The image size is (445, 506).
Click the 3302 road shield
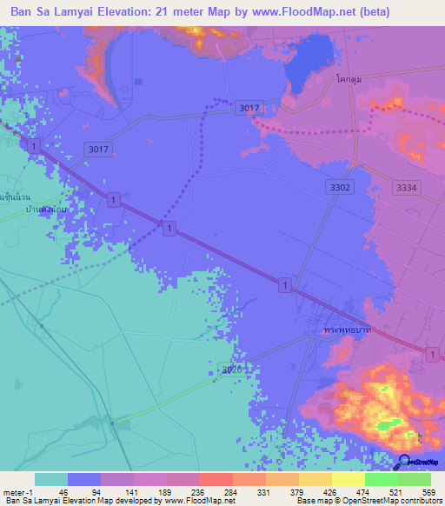pyautogui.click(x=340, y=187)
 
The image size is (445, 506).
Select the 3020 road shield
pyautogui.click(x=231, y=370)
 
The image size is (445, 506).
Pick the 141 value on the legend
pyautogui.click(x=132, y=491)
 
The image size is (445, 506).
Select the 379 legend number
pyautogui.click(x=297, y=491)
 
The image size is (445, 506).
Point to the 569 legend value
pyautogui.click(x=429, y=491)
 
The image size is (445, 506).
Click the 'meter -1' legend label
pyautogui.click(x=17, y=491)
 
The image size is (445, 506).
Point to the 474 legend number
pyautogui.click(x=363, y=491)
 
